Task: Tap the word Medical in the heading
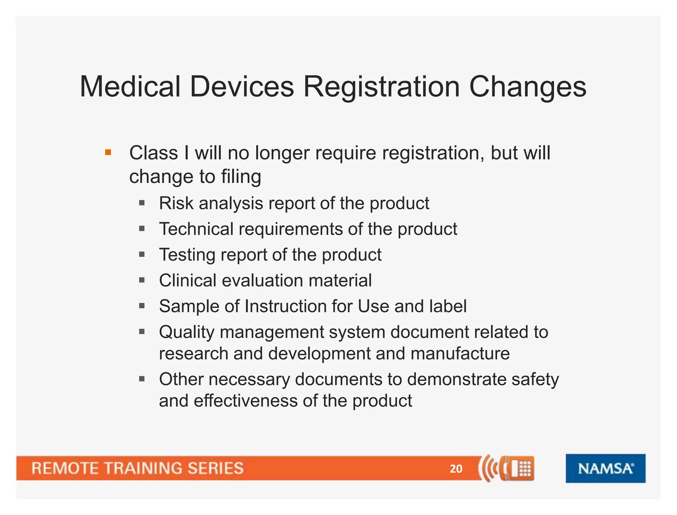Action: (130, 87)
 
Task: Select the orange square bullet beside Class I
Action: (108, 153)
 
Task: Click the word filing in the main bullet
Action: (241, 177)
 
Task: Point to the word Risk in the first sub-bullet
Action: (176, 203)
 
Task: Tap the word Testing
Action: (187, 255)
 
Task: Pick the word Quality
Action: (186, 332)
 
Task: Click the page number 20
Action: (456, 469)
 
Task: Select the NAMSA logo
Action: (605, 468)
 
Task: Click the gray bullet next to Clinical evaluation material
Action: (142, 281)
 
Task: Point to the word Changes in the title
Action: (528, 87)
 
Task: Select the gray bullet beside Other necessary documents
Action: (142, 379)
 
